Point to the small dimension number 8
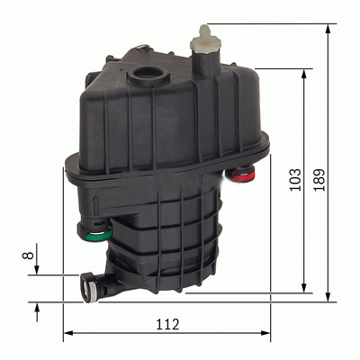[x=27, y=256]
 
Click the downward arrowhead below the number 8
[x=37, y=271]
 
